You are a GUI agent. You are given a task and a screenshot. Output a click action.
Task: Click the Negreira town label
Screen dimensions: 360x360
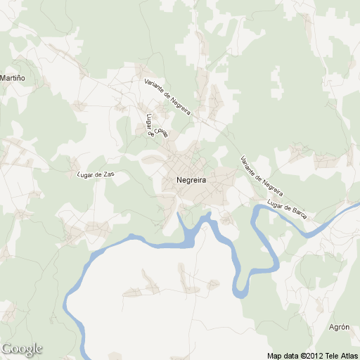[192, 181]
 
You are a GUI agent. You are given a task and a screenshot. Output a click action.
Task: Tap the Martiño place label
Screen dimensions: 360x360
[13, 77]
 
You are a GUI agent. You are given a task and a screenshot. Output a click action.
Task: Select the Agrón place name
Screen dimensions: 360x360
[339, 328]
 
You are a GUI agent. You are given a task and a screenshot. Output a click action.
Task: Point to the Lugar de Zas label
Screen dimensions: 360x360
[96, 174]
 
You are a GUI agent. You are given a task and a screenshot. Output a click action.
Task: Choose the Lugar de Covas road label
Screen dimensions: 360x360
[156, 125]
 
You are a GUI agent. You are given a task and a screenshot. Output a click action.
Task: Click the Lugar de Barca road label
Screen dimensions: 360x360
[288, 210]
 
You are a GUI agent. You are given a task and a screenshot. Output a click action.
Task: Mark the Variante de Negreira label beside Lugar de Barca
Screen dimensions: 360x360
[262, 175]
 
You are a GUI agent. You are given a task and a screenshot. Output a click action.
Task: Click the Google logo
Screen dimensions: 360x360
[22, 349]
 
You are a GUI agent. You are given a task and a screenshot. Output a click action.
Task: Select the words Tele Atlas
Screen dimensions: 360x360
[342, 355]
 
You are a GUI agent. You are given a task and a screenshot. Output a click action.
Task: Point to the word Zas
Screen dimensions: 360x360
[108, 173]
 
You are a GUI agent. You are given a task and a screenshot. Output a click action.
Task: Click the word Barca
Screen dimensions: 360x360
[298, 212]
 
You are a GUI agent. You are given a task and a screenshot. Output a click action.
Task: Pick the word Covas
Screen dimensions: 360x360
[162, 131]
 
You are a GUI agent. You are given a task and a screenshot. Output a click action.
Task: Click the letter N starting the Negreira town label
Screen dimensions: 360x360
[180, 181]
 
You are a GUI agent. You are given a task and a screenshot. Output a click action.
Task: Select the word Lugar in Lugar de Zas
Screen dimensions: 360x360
[86, 174]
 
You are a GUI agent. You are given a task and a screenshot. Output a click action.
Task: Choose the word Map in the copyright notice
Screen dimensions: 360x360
[274, 355]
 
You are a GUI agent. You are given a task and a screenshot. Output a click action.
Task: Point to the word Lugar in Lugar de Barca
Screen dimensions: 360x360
[275, 206]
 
